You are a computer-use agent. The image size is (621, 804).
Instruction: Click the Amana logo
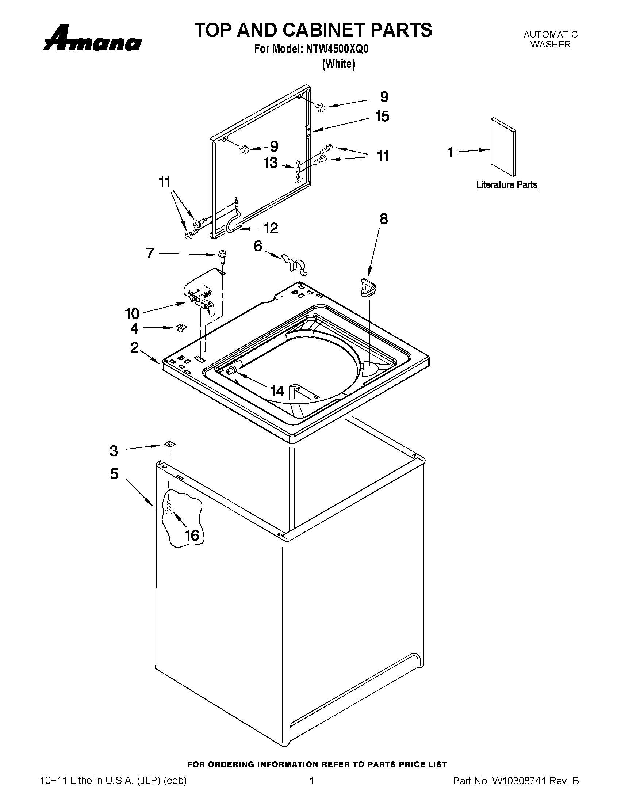(92, 39)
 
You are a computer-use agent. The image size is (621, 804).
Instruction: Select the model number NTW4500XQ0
(337, 49)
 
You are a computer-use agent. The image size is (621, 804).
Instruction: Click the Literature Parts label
(507, 185)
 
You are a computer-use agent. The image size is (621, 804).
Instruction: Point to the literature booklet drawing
(503, 147)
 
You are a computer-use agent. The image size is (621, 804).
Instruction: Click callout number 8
(383, 219)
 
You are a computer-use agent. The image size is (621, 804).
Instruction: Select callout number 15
(382, 117)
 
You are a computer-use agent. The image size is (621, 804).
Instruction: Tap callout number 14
(277, 391)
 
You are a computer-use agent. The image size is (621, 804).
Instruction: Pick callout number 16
(192, 535)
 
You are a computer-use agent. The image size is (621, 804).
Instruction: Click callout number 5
(114, 474)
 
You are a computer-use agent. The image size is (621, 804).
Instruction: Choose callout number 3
(114, 451)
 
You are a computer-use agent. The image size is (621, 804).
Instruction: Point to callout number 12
(271, 229)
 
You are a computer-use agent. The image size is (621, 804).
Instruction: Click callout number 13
(271, 163)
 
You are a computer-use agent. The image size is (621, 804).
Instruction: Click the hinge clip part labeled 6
(295, 263)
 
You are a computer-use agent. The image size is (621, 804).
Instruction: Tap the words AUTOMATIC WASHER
(551, 39)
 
